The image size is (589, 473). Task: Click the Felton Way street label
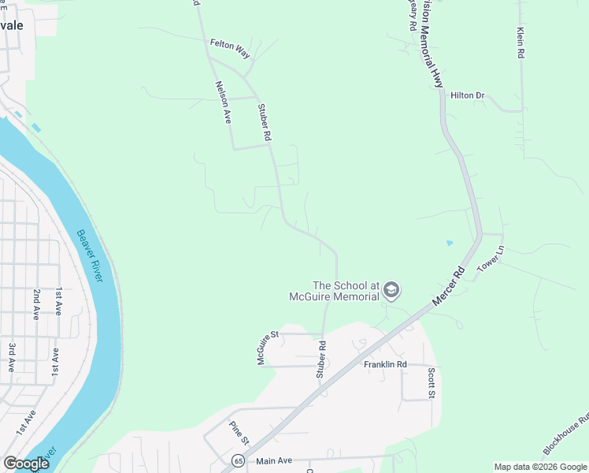(230, 49)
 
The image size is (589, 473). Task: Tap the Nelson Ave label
(222, 102)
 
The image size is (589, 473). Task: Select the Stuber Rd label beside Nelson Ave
(265, 125)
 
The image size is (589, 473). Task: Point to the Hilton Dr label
(467, 95)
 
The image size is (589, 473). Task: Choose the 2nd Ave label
(36, 304)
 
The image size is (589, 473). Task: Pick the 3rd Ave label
(11, 357)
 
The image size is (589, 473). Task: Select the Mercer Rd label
(449, 285)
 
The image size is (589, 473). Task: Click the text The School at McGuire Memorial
(346, 291)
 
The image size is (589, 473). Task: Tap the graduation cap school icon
(391, 292)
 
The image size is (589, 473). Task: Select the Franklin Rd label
(385, 364)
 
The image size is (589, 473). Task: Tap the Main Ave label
(274, 460)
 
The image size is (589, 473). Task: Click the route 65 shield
(238, 460)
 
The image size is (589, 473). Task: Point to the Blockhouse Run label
(566, 436)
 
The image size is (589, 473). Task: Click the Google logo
(26, 464)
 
